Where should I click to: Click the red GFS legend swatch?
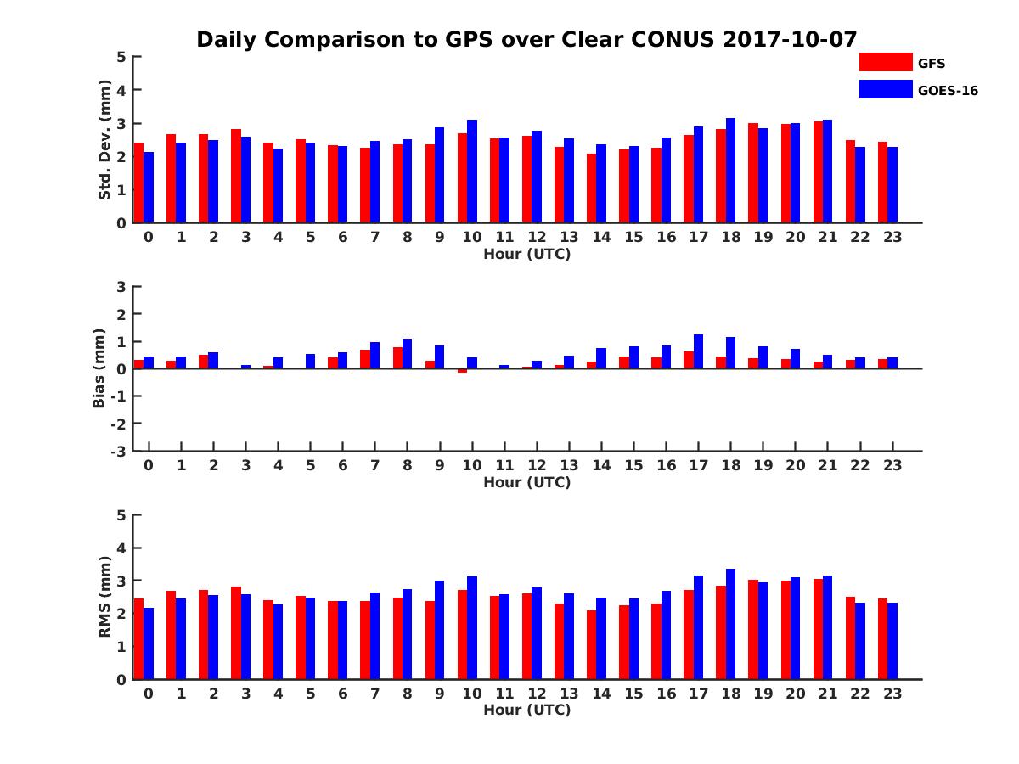point(885,62)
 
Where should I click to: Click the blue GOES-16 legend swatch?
point(885,88)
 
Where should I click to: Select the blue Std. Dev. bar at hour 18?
point(730,171)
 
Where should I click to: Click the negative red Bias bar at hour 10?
point(462,370)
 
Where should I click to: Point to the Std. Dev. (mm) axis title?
point(104,140)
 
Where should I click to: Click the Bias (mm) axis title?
point(99,368)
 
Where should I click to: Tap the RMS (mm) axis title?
point(104,597)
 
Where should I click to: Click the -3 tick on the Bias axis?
point(118,451)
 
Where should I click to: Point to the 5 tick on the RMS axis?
point(121,515)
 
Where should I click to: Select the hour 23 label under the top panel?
point(892,237)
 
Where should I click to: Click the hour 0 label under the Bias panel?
point(149,465)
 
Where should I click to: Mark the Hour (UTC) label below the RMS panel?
point(526,710)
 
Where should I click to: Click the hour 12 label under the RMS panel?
point(537,693)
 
